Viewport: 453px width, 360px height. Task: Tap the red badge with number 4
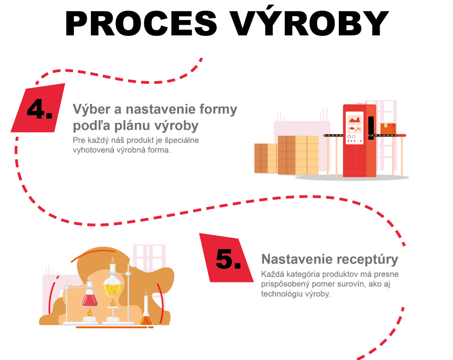(38, 108)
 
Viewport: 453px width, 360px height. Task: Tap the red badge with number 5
(226, 258)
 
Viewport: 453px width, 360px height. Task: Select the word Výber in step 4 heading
(92, 109)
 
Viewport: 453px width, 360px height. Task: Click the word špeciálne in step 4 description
(182, 141)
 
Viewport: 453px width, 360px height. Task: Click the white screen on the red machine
(354, 128)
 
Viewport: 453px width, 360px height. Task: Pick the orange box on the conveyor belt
(388, 129)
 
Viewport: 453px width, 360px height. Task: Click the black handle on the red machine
(371, 128)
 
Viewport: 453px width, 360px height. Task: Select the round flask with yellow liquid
(113, 284)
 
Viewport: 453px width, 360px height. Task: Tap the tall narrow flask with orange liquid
(146, 311)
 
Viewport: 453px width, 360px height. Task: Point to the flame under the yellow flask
(113, 303)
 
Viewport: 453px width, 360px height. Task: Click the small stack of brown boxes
(265, 158)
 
